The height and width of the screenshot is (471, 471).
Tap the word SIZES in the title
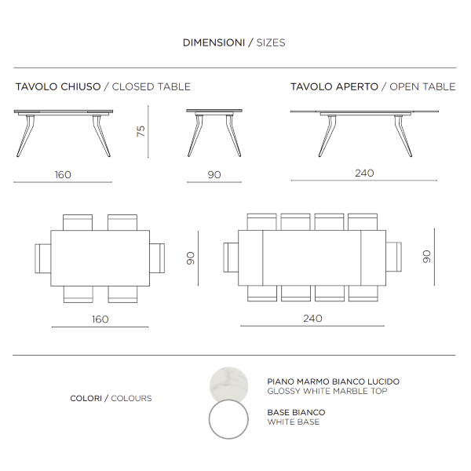point(271,42)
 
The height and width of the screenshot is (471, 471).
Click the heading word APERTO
point(359,86)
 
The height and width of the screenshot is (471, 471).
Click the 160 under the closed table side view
point(63,174)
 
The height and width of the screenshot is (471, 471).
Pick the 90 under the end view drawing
point(214,174)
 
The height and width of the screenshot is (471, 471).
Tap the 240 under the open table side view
point(363,173)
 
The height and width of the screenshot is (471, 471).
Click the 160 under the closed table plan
point(100,319)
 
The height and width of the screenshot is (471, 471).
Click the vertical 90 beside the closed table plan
point(190,257)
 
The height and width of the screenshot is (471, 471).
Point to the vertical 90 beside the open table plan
point(426,256)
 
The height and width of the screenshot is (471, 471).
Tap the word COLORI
point(86,399)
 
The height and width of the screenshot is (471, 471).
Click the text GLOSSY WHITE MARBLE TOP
point(326,391)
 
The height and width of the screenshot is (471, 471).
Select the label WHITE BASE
point(293,422)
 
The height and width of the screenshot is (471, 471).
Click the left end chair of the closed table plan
point(42,257)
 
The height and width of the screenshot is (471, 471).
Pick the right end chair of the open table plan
point(394,256)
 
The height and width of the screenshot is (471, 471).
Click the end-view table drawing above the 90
point(214,130)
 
